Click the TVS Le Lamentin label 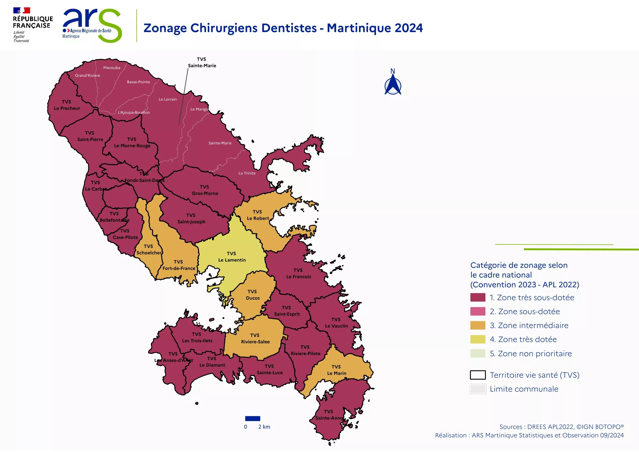(x=231, y=257)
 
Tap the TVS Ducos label (x=253, y=295)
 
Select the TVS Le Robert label (x=258, y=215)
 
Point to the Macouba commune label (x=112, y=68)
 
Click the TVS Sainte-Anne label (x=329, y=415)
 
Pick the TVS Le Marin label (x=336, y=370)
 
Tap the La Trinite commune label (x=247, y=173)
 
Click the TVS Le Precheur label (x=67, y=105)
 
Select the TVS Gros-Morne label (x=204, y=190)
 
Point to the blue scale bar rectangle (x=253, y=418)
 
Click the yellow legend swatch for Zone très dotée (x=477, y=339)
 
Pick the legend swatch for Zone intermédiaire (x=477, y=325)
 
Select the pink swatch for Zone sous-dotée (x=477, y=311)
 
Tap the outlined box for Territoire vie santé (x=477, y=375)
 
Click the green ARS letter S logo (x=110, y=27)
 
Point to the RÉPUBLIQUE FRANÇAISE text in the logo (x=33, y=22)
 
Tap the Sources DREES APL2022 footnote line (x=561, y=427)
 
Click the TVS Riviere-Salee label (x=255, y=338)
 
